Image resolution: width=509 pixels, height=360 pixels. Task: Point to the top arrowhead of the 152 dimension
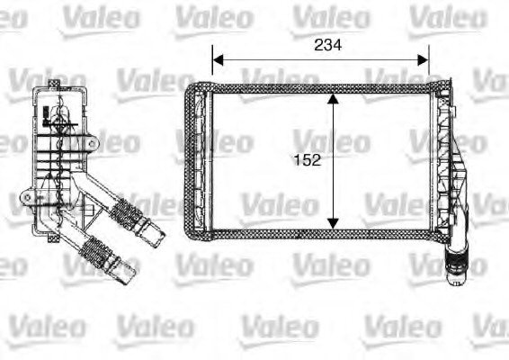(334, 98)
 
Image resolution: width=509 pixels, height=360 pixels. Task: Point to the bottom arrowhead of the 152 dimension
(334, 221)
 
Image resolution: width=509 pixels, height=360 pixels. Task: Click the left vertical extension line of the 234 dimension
(212, 67)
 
